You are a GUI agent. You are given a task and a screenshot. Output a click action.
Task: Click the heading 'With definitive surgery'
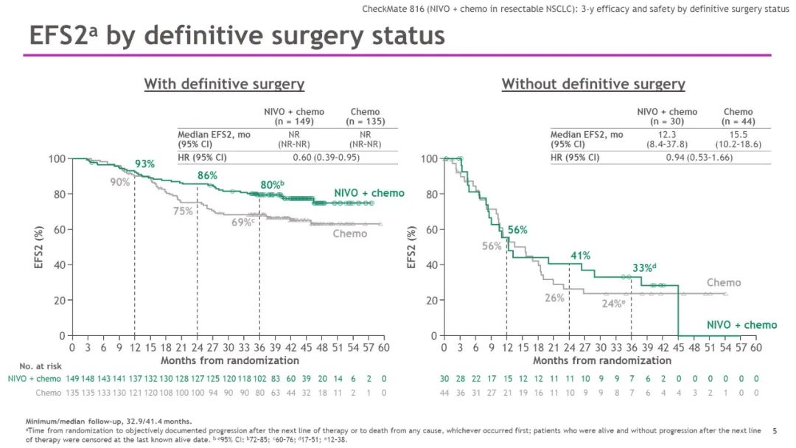coord(224,84)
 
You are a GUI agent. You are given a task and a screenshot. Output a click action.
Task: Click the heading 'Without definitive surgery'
coord(593,84)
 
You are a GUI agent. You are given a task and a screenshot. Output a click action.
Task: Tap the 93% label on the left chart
coord(144,164)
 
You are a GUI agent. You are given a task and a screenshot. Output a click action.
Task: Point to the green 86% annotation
coord(208,176)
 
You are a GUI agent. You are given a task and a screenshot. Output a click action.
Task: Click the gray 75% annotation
coord(183,211)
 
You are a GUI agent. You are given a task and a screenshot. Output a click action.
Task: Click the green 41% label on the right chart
coord(581,256)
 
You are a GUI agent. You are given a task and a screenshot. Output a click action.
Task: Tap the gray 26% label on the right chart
coord(554,298)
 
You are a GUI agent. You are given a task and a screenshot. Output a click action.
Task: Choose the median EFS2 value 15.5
coord(738,135)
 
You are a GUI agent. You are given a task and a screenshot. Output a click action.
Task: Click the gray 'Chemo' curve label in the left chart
coord(349,234)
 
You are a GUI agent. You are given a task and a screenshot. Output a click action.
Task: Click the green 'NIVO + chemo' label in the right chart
coord(741,325)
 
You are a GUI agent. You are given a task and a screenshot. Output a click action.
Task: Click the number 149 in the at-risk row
coord(73,378)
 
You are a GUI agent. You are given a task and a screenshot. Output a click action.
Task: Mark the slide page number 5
coord(775,430)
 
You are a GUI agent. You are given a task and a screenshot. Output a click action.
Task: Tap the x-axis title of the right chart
coord(602,360)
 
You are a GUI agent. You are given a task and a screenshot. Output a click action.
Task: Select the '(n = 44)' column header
coord(738,121)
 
